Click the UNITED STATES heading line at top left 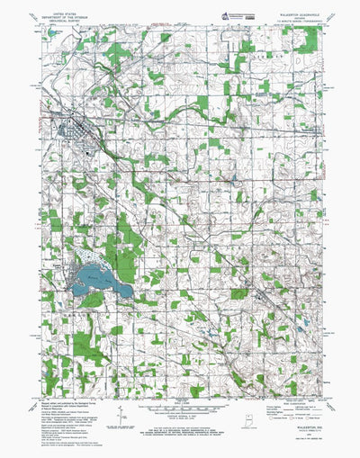[66, 14]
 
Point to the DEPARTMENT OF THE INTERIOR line [66, 19]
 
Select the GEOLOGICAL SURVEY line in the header [66, 23]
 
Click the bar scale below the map [180, 407]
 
